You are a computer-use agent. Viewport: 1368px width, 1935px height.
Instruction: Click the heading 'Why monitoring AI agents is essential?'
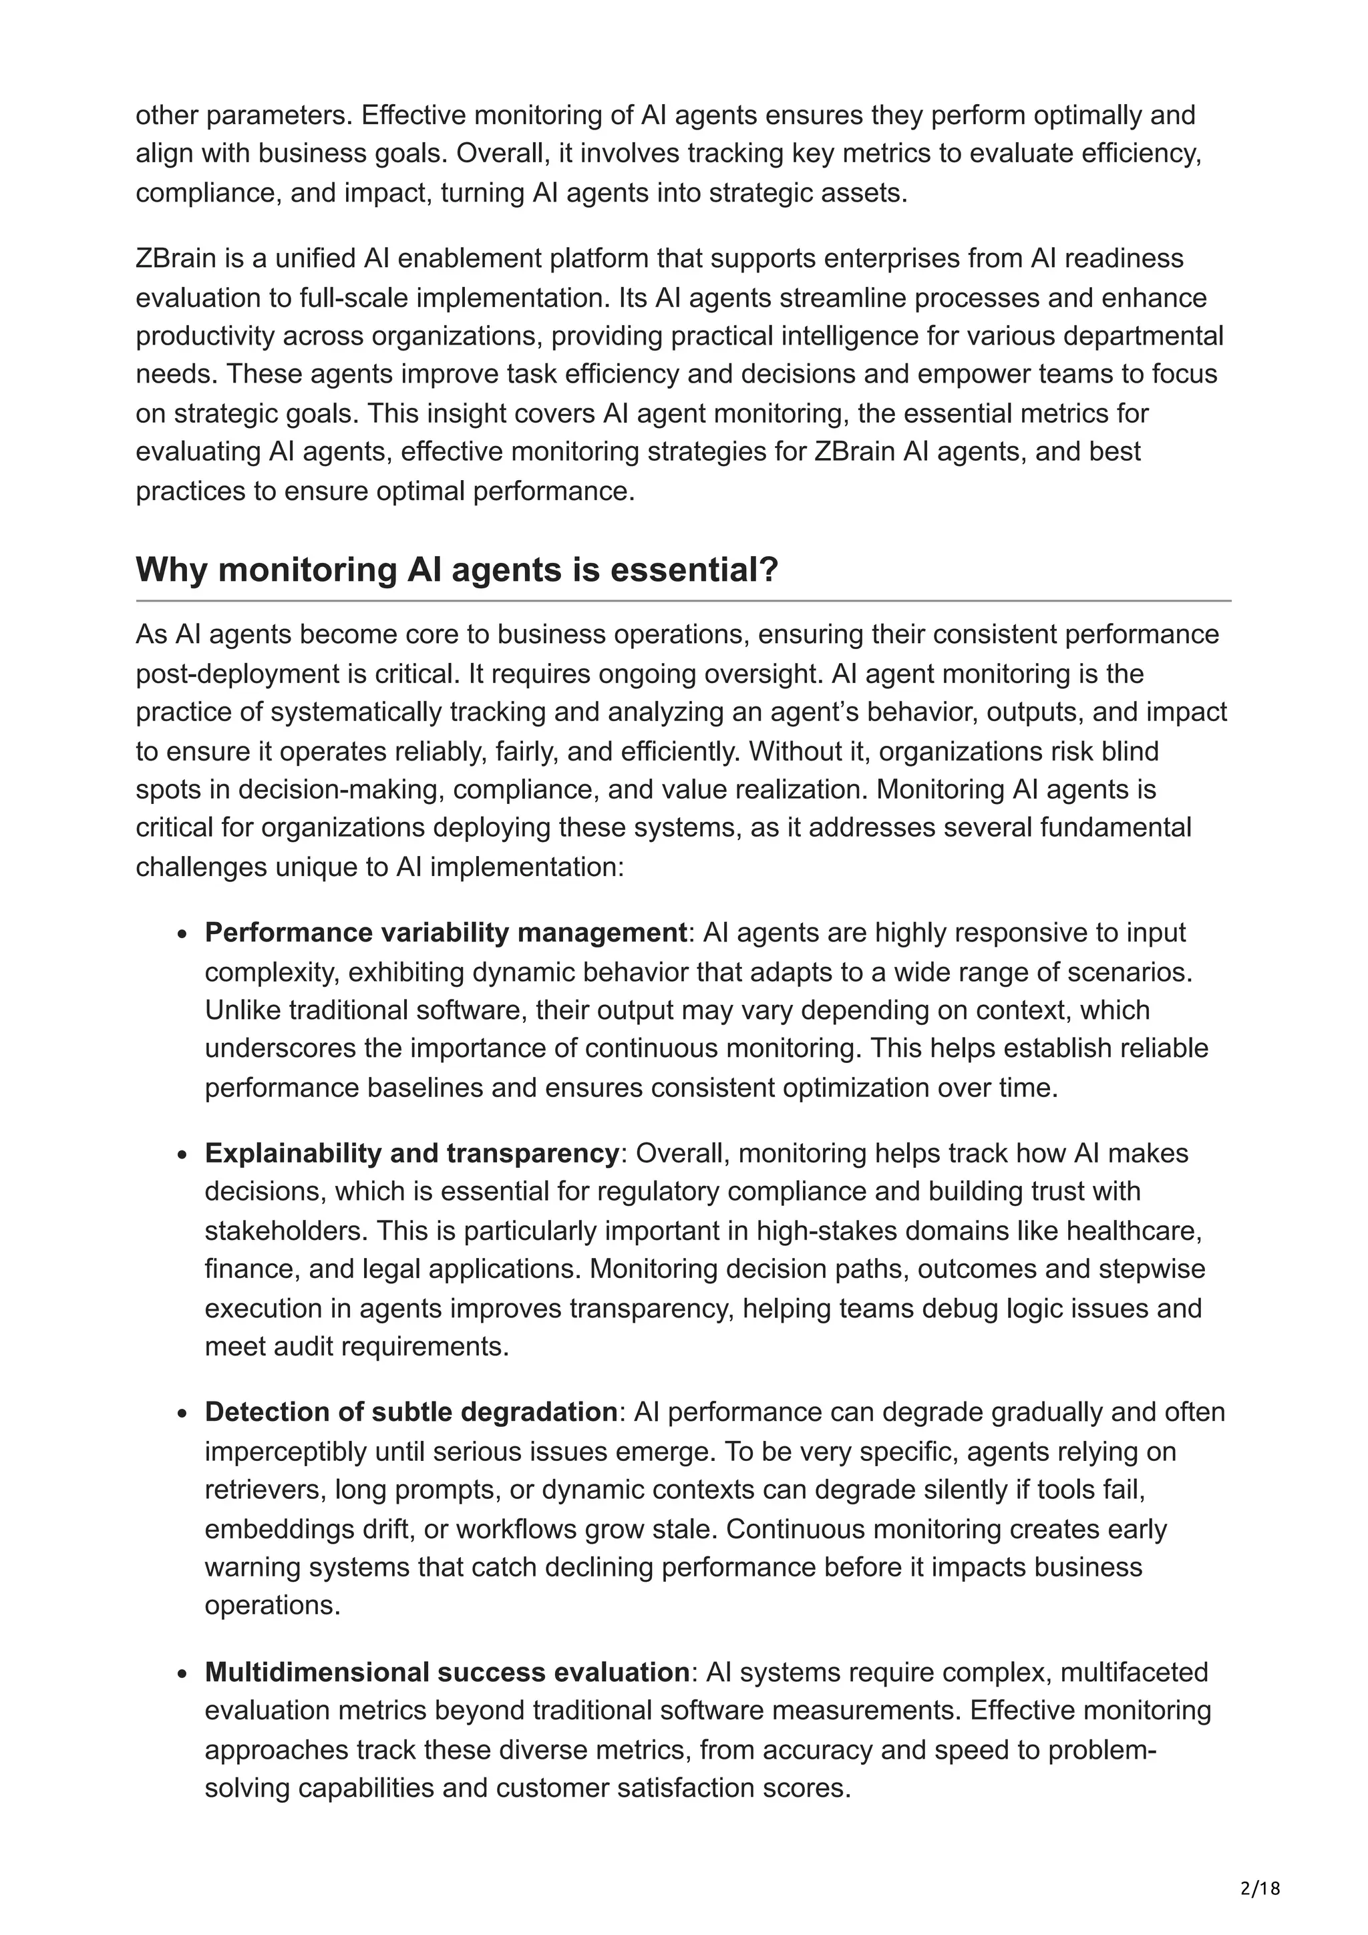tap(457, 571)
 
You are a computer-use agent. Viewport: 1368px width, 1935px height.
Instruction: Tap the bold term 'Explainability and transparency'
tap(412, 1153)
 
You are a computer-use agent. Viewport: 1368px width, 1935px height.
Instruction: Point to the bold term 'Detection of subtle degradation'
tap(411, 1412)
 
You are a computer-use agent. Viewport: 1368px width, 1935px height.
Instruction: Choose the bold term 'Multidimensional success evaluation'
tap(448, 1672)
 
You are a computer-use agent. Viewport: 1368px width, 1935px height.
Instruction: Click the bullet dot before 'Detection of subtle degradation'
tap(182, 1414)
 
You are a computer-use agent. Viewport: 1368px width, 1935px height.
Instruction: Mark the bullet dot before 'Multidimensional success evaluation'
tap(182, 1675)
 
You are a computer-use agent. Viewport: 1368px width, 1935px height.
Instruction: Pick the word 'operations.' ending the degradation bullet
tap(273, 1605)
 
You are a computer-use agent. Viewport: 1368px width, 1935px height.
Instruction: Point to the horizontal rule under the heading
tap(683, 601)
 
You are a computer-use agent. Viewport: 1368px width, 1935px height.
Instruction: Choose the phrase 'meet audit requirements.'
tap(357, 1346)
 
